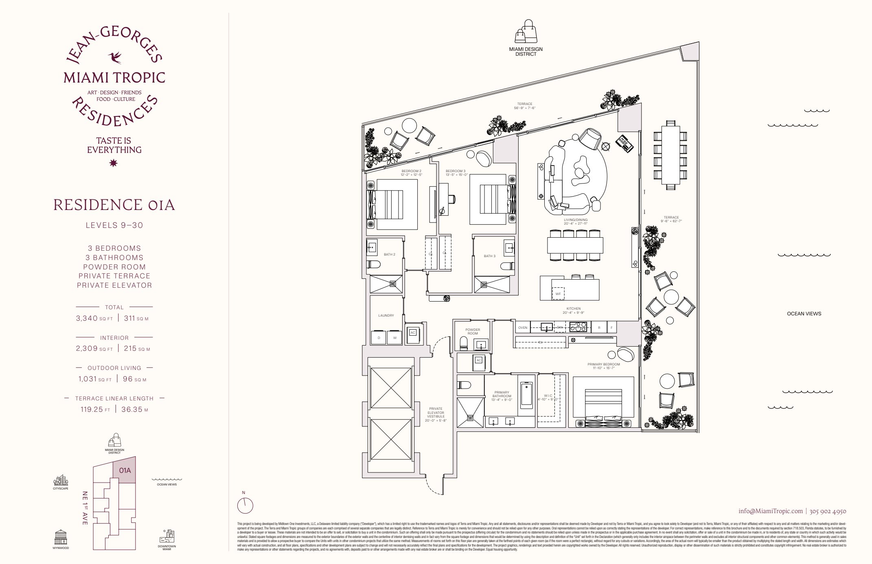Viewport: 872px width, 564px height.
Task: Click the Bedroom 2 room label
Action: coord(411,171)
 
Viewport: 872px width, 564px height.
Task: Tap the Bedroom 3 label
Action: coord(456,171)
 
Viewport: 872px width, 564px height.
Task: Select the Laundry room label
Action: coord(386,315)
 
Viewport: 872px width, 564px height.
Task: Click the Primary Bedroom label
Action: coord(603,365)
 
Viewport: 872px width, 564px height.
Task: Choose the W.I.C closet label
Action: coord(548,396)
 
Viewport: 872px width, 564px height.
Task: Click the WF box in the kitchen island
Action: coord(558,293)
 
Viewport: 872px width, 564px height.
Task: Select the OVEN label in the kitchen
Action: coord(523,328)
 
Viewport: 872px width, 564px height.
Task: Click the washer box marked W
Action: coord(394,338)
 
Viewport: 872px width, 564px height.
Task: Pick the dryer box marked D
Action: coord(379,338)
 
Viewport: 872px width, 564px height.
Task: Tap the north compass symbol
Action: coord(245,506)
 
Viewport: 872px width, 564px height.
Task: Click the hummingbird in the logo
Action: coord(115,57)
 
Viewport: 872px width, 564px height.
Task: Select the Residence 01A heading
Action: coord(114,205)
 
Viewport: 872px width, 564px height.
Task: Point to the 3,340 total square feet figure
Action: coord(87,318)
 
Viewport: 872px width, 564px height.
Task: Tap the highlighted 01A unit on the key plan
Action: coord(125,470)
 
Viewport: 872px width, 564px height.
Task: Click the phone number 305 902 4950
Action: coord(828,511)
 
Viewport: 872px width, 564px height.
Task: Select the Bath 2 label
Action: coord(389,254)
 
